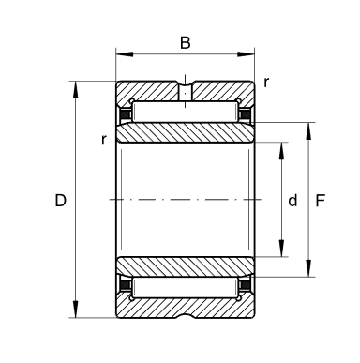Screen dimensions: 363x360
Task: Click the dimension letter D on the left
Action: point(61,201)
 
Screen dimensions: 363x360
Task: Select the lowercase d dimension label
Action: point(293,201)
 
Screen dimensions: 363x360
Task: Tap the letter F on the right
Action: point(321,201)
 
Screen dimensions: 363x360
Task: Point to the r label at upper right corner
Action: point(267,83)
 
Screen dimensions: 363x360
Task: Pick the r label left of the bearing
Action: point(104,140)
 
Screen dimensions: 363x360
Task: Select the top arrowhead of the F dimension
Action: point(309,126)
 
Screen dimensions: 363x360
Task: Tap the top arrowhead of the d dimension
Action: point(281,146)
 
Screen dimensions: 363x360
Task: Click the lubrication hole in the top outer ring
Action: point(186,93)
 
